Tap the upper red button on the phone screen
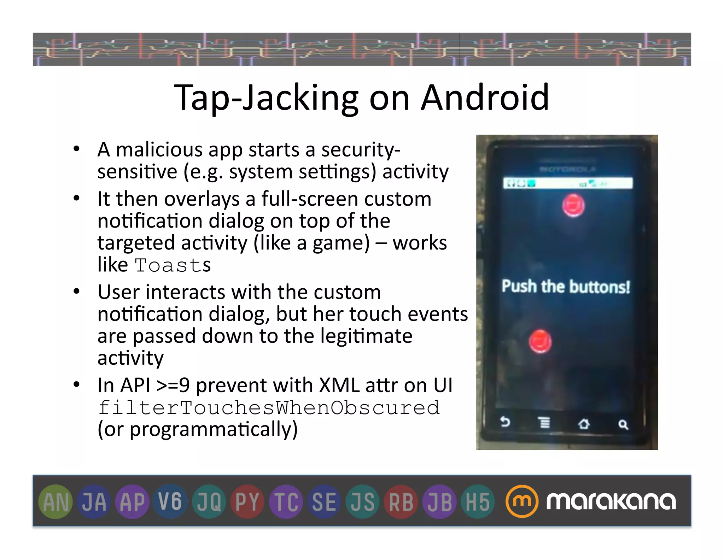[x=573, y=205]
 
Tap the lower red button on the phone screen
[x=540, y=341]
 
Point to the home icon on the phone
[x=584, y=423]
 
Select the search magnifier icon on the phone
[x=623, y=424]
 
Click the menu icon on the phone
[x=544, y=422]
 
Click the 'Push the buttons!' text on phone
[x=566, y=287]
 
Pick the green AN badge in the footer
[x=56, y=502]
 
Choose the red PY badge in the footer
[x=247, y=502]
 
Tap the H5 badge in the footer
[x=478, y=502]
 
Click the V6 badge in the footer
[x=170, y=502]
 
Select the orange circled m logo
[x=522, y=501]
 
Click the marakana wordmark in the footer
[x=611, y=501]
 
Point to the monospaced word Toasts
[x=173, y=265]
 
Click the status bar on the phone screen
[x=567, y=183]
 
